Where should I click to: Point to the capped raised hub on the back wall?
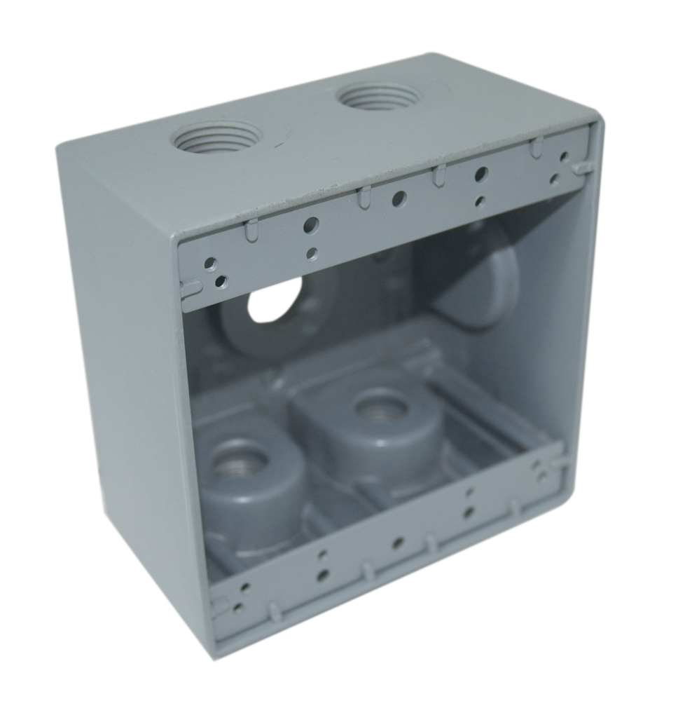pos(476,277)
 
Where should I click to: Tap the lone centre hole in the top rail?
pos(398,199)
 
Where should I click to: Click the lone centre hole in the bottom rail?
pos(397,543)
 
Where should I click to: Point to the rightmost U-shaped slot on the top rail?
pos(537,148)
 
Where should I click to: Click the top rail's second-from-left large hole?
pos(312,225)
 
